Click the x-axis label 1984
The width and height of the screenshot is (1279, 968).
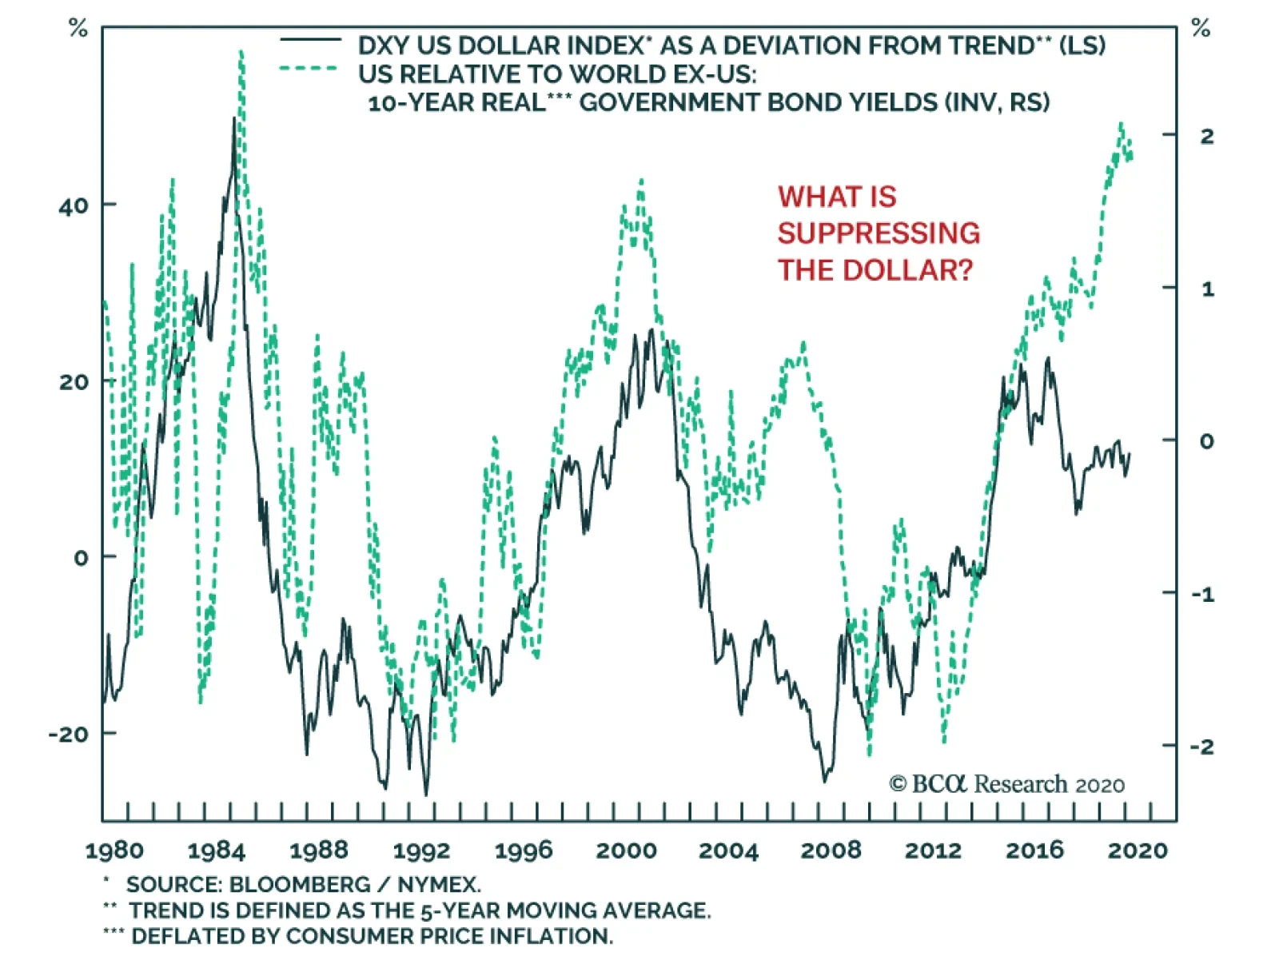[216, 850]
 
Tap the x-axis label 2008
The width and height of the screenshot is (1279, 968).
[831, 850]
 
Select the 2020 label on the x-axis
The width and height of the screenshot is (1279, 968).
[1138, 850]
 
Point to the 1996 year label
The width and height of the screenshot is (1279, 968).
[524, 850]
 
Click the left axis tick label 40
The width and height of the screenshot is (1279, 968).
[74, 206]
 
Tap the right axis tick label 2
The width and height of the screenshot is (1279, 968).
[1207, 136]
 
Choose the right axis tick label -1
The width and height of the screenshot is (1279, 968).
[1202, 594]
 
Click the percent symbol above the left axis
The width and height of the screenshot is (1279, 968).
[78, 30]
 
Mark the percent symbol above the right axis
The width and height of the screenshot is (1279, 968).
[1201, 30]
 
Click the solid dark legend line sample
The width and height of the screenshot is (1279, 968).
[311, 40]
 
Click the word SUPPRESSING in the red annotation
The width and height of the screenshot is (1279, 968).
[879, 233]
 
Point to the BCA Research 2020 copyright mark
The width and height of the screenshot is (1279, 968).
[1006, 784]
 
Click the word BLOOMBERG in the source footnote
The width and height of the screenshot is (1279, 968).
[300, 885]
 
